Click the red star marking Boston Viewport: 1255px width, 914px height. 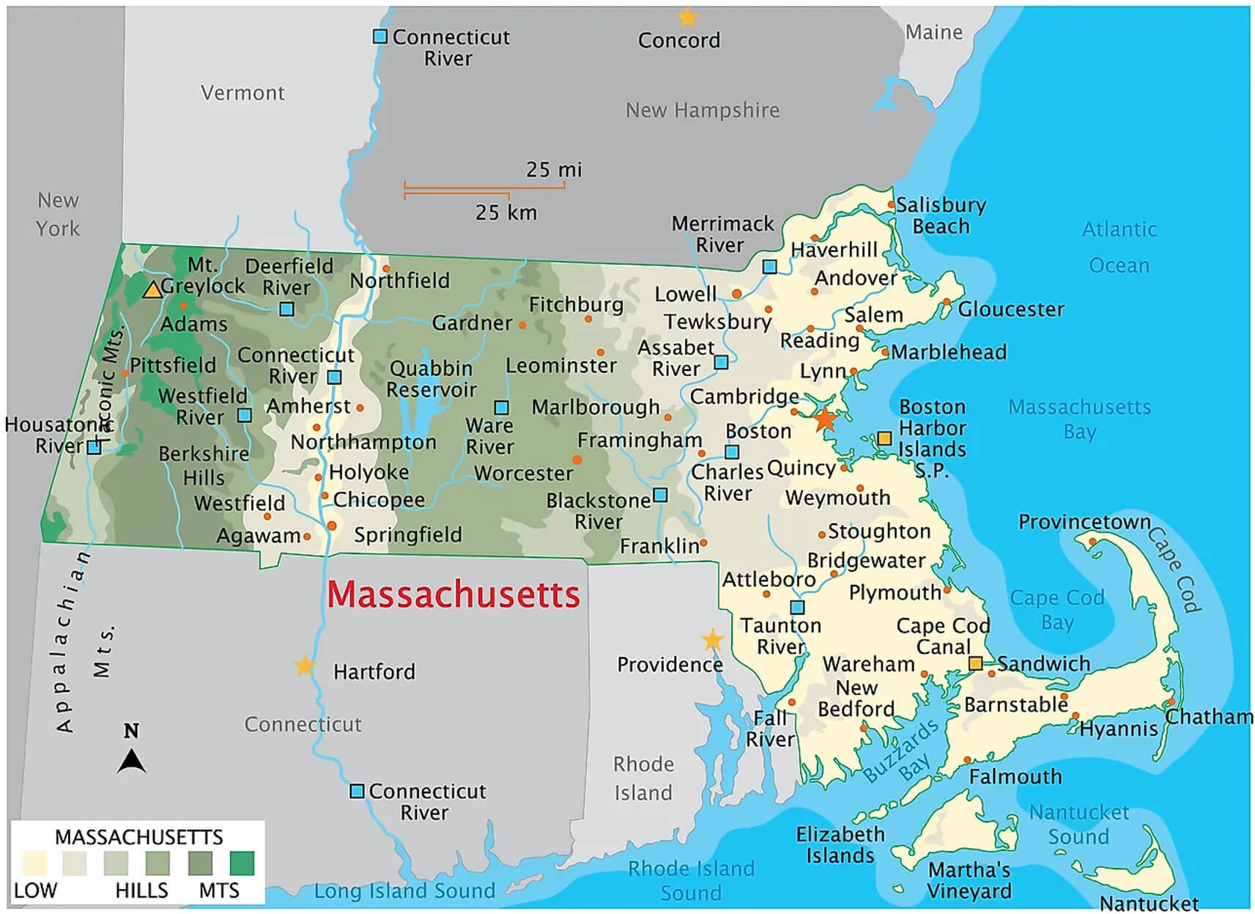[x=825, y=419]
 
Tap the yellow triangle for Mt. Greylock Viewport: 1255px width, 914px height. [x=152, y=290]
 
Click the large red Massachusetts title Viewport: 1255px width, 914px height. [x=453, y=594]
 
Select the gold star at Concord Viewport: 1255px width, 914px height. [x=686, y=17]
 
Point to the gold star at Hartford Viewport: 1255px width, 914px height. [x=304, y=666]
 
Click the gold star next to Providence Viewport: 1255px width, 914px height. [x=712, y=640]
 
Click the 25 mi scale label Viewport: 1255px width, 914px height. [x=554, y=169]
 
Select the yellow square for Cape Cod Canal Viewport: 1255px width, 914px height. [x=975, y=663]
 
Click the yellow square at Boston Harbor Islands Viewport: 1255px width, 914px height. [x=884, y=438]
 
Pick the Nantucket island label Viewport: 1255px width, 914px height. [x=1149, y=903]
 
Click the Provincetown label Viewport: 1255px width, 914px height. [x=1084, y=522]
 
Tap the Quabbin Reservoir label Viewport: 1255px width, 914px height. [x=432, y=379]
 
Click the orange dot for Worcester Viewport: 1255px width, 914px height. [x=577, y=460]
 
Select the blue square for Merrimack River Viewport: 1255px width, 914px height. [x=769, y=267]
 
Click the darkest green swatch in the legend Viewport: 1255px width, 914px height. [x=242, y=863]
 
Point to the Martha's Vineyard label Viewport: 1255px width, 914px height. [x=969, y=880]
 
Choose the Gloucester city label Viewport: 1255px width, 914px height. [x=1011, y=309]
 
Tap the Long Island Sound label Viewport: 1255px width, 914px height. [x=404, y=891]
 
